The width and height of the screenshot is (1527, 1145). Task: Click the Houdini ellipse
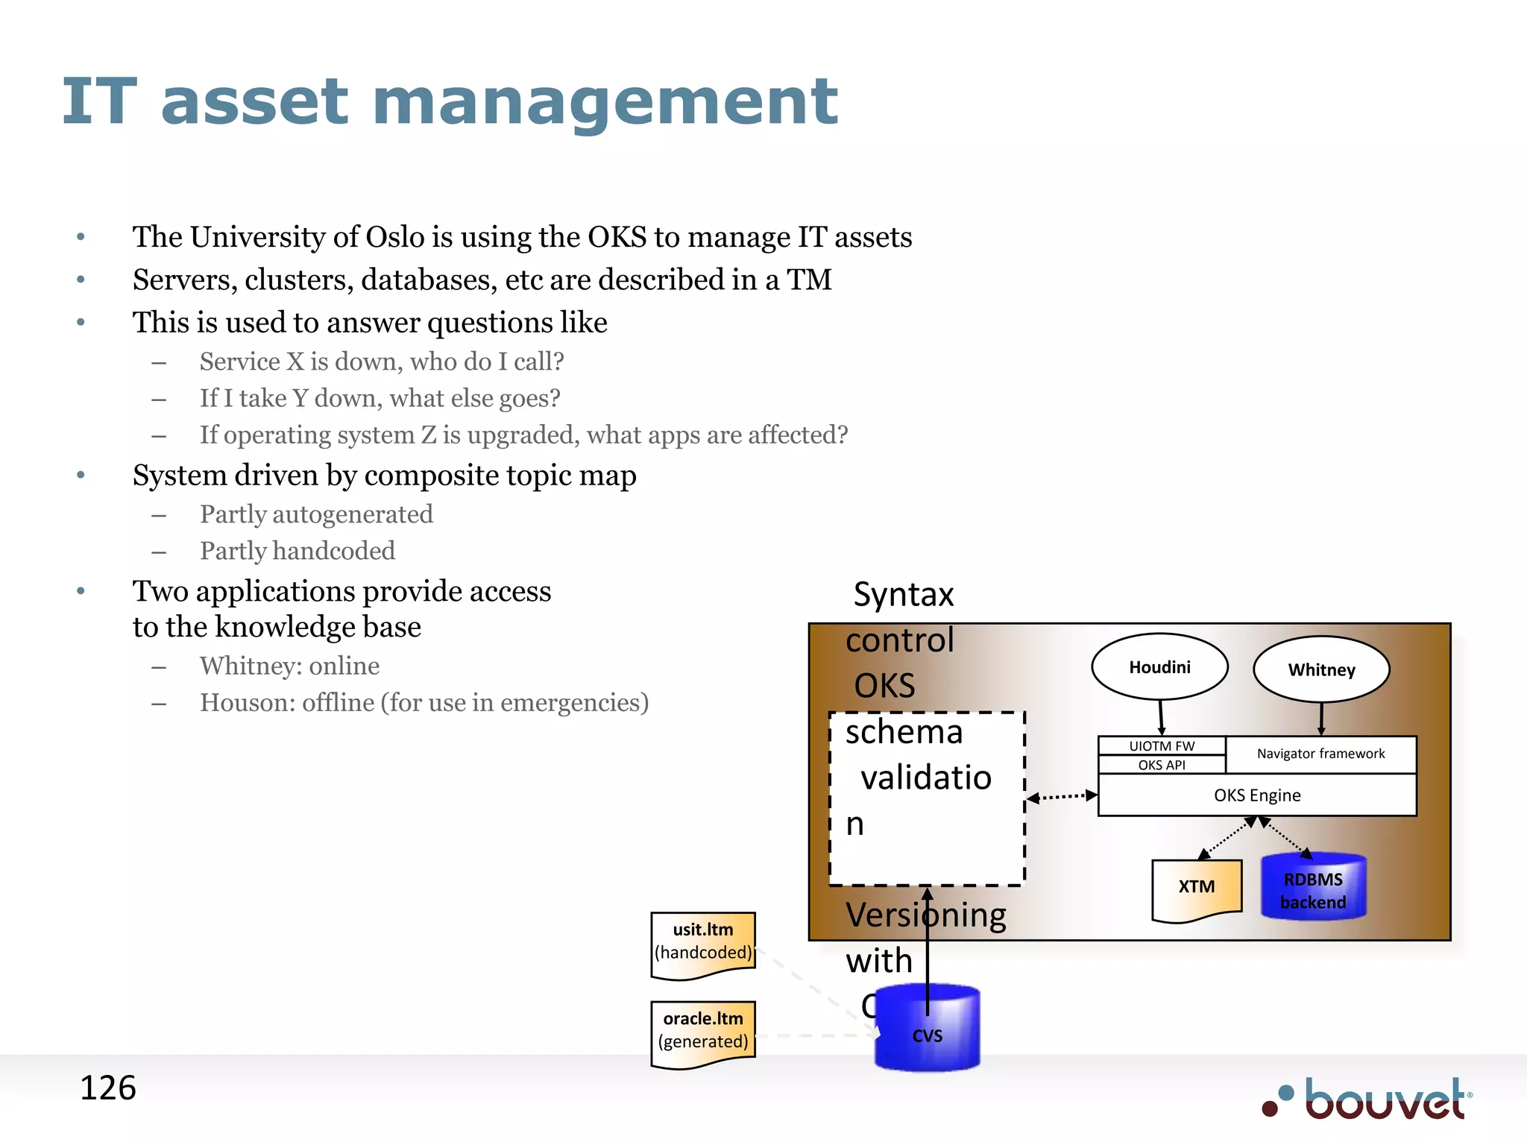[1159, 666]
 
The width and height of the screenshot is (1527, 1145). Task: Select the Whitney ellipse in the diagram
[1320, 669]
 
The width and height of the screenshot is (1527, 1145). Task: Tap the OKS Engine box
[1256, 795]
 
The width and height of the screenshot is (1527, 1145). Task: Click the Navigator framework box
[1320, 754]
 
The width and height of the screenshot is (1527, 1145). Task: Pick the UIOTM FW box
[1161, 745]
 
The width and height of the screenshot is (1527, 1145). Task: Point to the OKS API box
[1161, 765]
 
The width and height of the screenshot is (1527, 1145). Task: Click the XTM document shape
[1196, 887]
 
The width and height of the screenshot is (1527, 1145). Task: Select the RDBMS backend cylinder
[1312, 889]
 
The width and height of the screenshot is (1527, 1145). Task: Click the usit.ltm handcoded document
[702, 942]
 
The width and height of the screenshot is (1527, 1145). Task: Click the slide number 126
[107, 1088]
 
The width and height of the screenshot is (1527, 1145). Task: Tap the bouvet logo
[1369, 1099]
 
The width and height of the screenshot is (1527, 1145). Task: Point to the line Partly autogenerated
[316, 514]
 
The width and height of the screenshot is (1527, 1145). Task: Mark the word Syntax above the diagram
[903, 595]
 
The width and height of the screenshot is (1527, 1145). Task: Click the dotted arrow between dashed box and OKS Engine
[1062, 797]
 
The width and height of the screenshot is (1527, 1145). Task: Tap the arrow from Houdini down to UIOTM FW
[1161, 718]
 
